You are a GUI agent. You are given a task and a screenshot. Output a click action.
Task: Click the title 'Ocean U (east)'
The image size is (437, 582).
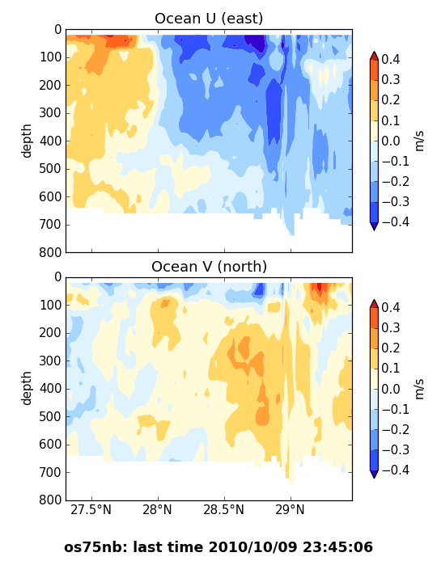tap(209, 18)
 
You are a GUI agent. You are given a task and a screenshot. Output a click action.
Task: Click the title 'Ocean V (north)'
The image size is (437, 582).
tap(210, 267)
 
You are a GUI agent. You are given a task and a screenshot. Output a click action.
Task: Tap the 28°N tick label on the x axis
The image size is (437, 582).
tap(157, 509)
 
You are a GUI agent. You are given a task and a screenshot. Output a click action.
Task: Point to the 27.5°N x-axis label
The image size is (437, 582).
tap(91, 509)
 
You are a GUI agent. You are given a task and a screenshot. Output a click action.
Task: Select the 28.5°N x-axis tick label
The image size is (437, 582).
tap(223, 509)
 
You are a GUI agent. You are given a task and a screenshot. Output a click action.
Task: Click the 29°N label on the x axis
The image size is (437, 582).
tap(290, 509)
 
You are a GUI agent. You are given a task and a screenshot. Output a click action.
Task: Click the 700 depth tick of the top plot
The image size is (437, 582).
tap(50, 225)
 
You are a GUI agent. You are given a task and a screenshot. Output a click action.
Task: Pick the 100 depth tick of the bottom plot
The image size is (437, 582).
tap(50, 305)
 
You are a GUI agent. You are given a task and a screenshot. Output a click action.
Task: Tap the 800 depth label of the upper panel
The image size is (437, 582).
tap(50, 252)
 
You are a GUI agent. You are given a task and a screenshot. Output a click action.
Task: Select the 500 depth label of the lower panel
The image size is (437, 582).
tap(50, 416)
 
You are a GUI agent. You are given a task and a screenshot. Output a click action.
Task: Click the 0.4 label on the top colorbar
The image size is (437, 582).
tap(391, 59)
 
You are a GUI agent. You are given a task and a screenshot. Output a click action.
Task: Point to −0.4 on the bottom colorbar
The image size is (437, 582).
tap(396, 470)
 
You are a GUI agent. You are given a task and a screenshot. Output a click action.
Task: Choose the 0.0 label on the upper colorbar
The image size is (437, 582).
tap(391, 141)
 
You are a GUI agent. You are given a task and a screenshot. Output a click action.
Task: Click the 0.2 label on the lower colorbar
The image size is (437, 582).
tap(391, 348)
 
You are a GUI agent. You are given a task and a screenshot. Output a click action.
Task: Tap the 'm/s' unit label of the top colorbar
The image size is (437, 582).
tap(419, 141)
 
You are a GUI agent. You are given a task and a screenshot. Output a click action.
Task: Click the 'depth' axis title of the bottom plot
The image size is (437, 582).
tap(27, 388)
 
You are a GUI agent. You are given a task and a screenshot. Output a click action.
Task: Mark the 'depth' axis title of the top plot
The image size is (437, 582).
tap(27, 141)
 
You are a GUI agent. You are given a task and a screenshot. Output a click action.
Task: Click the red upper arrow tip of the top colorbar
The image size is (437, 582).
tap(374, 53)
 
